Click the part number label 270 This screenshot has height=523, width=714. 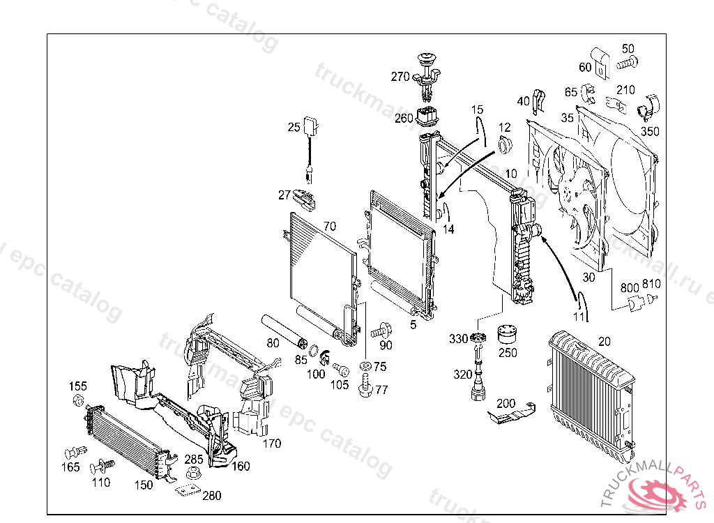(x=400, y=77)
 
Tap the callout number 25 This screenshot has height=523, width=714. (x=294, y=127)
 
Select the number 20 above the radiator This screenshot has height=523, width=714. (x=604, y=341)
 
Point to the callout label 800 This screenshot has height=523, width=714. (x=630, y=287)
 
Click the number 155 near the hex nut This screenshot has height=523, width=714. (x=77, y=386)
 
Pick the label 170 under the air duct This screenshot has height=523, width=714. (x=271, y=443)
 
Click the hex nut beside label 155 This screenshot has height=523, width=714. (x=78, y=400)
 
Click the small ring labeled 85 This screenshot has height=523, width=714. (x=314, y=349)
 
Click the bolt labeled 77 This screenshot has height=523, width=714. (x=365, y=386)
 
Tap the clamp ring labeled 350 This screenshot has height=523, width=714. (x=651, y=109)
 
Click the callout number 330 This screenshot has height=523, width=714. (x=458, y=339)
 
